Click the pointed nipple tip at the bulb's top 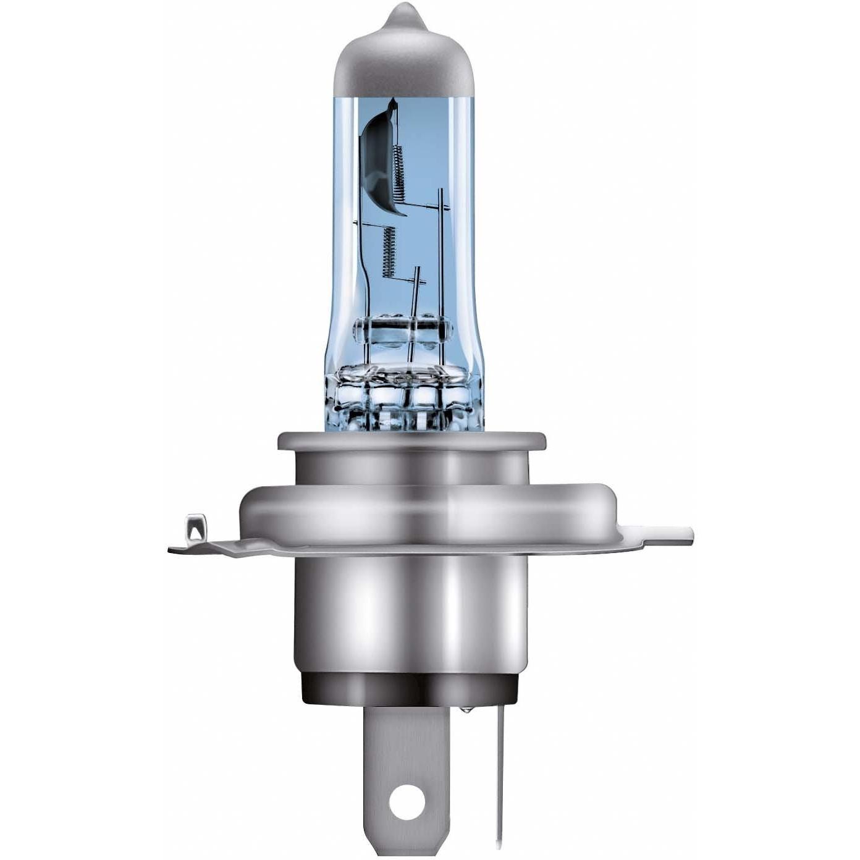(403, 11)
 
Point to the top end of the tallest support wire (441, 192)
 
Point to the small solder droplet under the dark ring (464, 711)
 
